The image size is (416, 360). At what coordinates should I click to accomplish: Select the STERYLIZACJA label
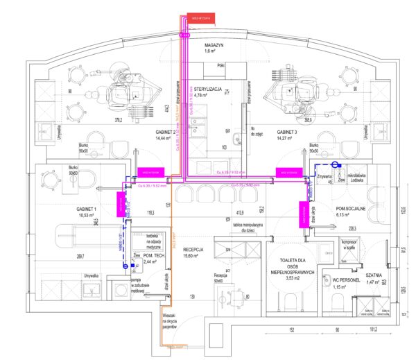pos(208,90)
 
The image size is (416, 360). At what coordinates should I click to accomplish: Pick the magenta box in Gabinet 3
pos(286,171)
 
